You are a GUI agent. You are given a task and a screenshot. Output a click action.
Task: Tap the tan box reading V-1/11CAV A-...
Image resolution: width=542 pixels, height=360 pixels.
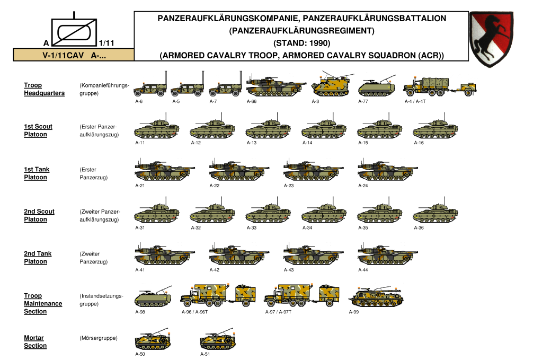point(74,55)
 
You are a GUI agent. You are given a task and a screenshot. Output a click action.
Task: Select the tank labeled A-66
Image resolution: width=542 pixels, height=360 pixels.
point(276,87)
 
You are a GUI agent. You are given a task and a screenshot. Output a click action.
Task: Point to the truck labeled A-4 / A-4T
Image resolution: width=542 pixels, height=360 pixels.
point(439,87)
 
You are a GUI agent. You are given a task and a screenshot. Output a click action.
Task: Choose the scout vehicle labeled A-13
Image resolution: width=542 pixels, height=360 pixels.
point(268,130)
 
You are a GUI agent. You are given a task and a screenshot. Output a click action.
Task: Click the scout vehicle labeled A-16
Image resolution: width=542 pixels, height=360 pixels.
point(436,130)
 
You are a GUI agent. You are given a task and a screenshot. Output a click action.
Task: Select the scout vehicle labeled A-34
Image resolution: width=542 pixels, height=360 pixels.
point(324,214)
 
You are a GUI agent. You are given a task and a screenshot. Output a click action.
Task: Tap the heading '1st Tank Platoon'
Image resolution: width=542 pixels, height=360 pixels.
point(37,173)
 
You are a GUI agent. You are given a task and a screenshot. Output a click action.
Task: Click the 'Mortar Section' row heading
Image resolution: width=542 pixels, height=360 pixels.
point(35,341)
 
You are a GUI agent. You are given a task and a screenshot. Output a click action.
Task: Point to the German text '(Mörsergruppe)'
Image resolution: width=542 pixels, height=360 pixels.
point(98,338)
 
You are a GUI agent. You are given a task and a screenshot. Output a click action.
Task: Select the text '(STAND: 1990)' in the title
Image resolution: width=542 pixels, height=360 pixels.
point(301,43)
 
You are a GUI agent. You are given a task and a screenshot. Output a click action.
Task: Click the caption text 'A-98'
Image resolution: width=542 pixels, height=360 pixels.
point(140,312)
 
